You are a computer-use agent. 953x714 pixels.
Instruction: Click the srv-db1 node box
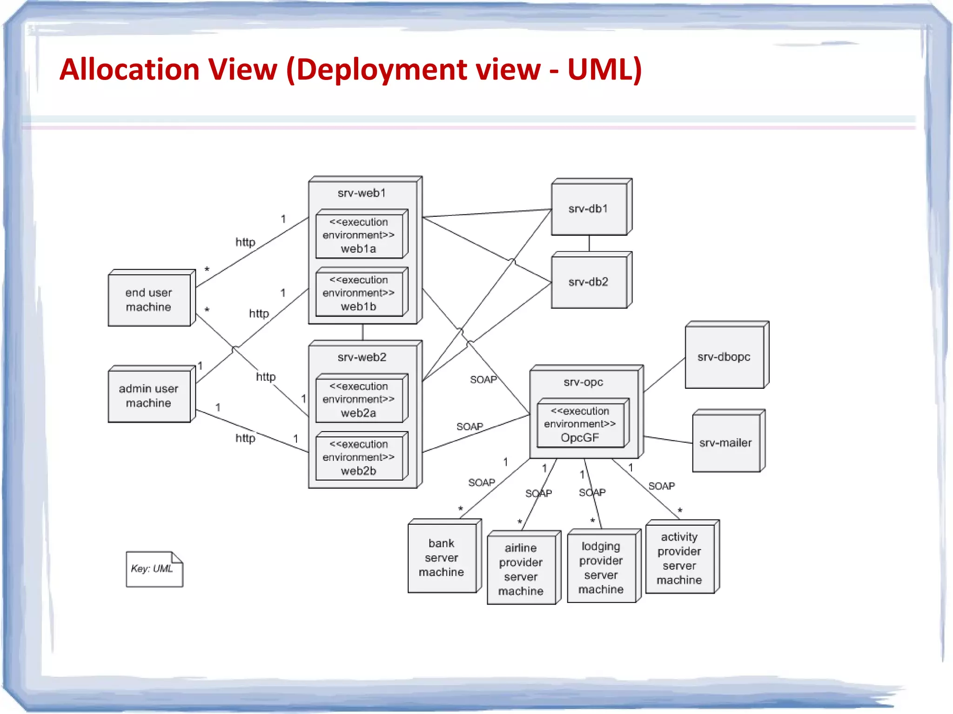(x=589, y=209)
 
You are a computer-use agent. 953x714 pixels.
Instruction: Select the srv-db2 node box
(x=589, y=282)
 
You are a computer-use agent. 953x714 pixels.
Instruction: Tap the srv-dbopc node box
(x=724, y=357)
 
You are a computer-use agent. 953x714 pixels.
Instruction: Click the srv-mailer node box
(x=725, y=443)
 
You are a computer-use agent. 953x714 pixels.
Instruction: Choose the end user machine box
(x=149, y=300)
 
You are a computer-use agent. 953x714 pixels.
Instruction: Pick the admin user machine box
(x=149, y=396)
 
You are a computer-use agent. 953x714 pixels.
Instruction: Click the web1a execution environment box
(x=359, y=235)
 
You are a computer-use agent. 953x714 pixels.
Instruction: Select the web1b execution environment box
(x=359, y=293)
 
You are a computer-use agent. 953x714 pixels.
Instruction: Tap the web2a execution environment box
(x=359, y=400)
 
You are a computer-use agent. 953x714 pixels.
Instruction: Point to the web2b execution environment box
(x=359, y=457)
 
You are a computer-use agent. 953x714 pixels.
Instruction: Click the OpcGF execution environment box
(x=580, y=424)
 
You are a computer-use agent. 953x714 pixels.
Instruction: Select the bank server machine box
(x=442, y=558)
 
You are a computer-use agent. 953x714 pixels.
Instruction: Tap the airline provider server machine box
(x=521, y=569)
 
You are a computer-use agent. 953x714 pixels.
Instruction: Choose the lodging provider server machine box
(x=601, y=567)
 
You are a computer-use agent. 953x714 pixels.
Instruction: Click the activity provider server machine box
(x=679, y=558)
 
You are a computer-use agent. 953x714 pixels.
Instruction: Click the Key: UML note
(x=154, y=569)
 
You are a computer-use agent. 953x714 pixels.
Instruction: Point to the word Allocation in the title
(x=129, y=70)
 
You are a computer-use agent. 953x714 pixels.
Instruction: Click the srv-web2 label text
(x=362, y=357)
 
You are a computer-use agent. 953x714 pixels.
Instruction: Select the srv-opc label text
(x=583, y=382)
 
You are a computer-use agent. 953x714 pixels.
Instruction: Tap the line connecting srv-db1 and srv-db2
(x=589, y=243)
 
